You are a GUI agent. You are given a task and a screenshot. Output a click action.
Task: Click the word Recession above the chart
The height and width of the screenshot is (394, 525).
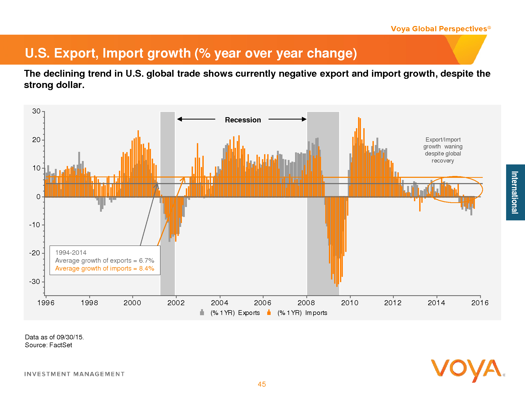coord(243,120)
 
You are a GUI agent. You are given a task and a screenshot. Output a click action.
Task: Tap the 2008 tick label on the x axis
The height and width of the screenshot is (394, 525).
coord(306,303)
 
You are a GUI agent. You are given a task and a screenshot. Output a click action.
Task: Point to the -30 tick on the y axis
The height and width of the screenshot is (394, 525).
coord(35,282)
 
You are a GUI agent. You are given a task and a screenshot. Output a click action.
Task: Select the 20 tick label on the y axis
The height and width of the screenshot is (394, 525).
coord(36,140)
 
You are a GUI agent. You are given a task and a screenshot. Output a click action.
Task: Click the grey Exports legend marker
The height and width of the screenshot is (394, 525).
coord(202,313)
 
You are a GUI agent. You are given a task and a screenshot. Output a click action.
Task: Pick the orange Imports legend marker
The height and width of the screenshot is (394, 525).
coord(269,313)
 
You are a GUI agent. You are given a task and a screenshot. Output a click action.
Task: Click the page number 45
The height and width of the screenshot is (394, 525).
coord(262,384)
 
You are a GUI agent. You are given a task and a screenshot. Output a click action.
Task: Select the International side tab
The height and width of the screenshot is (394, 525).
coord(515,192)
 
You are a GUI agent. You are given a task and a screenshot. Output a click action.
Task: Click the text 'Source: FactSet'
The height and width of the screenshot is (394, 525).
coord(49,345)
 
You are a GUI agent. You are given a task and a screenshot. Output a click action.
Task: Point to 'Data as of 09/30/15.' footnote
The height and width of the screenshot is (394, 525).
coord(54,337)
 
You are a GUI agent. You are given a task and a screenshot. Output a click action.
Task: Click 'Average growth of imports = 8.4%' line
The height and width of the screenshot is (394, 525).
coord(104,268)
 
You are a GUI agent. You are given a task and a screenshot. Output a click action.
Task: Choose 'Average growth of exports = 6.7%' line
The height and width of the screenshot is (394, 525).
coord(104,261)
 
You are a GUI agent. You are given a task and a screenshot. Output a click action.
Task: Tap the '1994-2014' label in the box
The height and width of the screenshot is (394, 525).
coord(71,253)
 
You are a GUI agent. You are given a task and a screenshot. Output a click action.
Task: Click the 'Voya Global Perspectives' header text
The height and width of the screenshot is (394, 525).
coord(439,29)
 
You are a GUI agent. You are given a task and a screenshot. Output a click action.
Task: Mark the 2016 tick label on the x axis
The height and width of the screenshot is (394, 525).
coord(480,303)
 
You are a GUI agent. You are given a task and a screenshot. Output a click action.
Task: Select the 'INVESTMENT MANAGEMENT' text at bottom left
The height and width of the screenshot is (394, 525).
coord(74,374)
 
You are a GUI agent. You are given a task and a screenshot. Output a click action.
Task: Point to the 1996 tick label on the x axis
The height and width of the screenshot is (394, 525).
coord(46,303)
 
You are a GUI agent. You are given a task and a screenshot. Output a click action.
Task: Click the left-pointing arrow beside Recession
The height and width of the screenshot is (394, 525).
coord(196,119)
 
